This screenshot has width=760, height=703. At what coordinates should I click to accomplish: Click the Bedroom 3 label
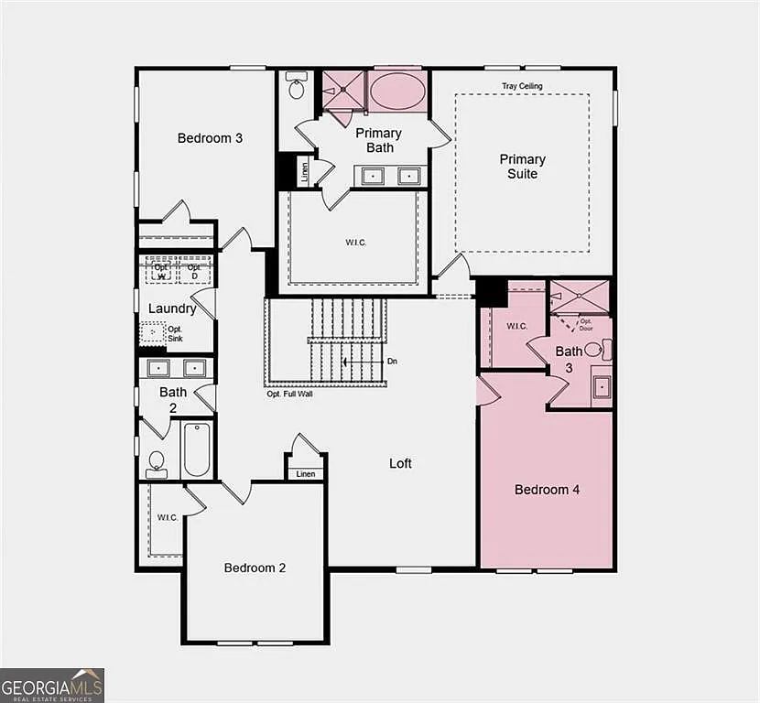(210, 138)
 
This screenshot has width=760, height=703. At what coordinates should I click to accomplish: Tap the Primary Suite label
(523, 167)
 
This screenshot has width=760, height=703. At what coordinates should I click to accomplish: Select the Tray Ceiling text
(522, 86)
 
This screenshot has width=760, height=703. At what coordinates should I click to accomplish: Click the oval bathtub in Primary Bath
(396, 92)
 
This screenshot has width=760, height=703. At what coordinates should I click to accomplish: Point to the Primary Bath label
(379, 140)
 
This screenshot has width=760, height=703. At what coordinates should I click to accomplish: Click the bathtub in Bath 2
(197, 449)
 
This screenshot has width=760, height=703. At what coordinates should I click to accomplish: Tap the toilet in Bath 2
(157, 463)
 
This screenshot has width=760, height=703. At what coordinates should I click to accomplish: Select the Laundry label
(172, 308)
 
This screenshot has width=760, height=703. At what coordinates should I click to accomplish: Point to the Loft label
(400, 463)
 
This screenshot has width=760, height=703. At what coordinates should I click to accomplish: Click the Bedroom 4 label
(547, 490)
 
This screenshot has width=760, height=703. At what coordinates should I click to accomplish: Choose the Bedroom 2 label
(255, 568)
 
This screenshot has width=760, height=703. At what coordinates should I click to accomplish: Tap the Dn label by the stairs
(392, 362)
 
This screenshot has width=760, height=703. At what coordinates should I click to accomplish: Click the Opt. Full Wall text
(292, 395)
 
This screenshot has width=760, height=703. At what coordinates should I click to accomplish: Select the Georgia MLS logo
(52, 685)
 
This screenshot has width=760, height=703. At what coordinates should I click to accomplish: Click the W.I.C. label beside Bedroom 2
(168, 517)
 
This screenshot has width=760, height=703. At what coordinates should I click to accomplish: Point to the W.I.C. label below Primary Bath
(356, 243)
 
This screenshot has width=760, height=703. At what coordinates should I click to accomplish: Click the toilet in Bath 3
(595, 349)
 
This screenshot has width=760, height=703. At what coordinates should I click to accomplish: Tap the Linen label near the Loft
(306, 474)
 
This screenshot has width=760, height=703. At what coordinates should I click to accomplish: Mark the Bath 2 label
(173, 400)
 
